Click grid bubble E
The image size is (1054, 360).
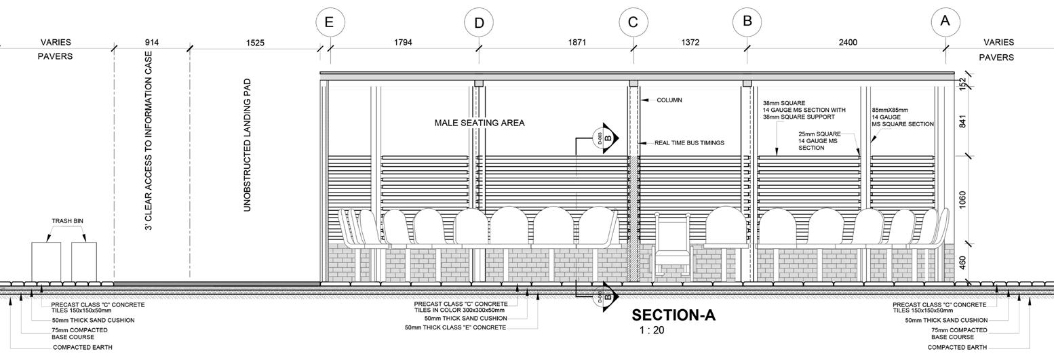[329, 22]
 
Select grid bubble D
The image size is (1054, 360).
[479, 23]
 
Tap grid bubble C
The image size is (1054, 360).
[633, 22]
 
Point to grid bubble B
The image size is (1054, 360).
[747, 21]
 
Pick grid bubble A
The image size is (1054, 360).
[945, 21]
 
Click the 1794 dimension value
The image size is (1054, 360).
[403, 43]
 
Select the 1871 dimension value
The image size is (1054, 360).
[577, 43]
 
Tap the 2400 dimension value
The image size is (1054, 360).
[848, 43]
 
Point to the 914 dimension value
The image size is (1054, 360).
[152, 43]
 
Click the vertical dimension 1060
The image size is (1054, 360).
[963, 200]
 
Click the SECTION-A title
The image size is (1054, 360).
[674, 315]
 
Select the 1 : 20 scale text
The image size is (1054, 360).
[651, 331]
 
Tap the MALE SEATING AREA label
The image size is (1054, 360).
[480, 123]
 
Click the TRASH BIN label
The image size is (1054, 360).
[67, 222]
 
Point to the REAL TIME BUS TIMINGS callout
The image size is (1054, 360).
[689, 143]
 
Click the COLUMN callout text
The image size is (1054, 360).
[669, 100]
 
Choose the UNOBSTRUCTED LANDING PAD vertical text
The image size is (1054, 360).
[248, 145]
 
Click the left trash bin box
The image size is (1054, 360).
[46, 262]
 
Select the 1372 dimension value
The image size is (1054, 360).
[690, 43]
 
